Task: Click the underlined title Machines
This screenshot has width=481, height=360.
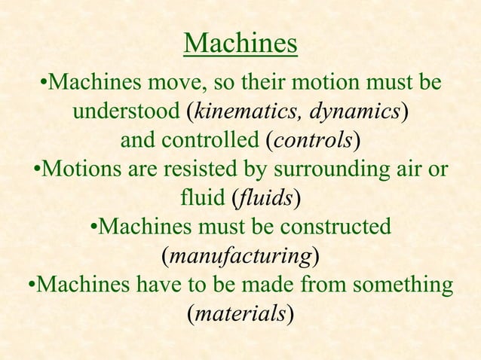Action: [x=240, y=43]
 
